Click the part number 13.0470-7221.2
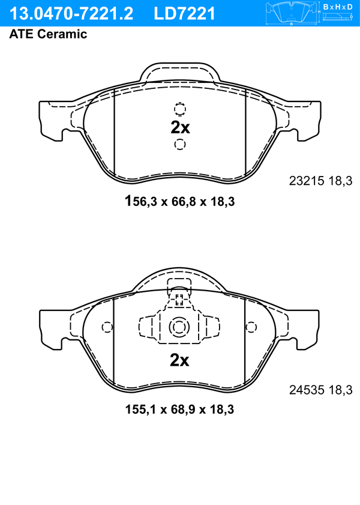(x=71, y=14)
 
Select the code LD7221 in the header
(x=184, y=14)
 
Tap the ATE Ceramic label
(x=48, y=34)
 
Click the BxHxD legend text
(x=338, y=7)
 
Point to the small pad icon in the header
(x=291, y=13)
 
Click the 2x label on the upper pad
(x=180, y=127)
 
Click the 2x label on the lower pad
(x=179, y=360)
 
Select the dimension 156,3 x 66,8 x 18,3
(x=179, y=201)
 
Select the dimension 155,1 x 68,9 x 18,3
(x=179, y=410)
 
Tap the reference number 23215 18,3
(x=321, y=181)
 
